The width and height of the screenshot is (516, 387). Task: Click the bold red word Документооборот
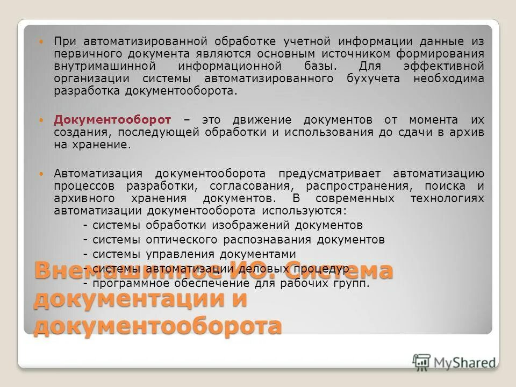click(112, 119)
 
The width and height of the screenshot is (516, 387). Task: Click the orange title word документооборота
click(157, 326)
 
